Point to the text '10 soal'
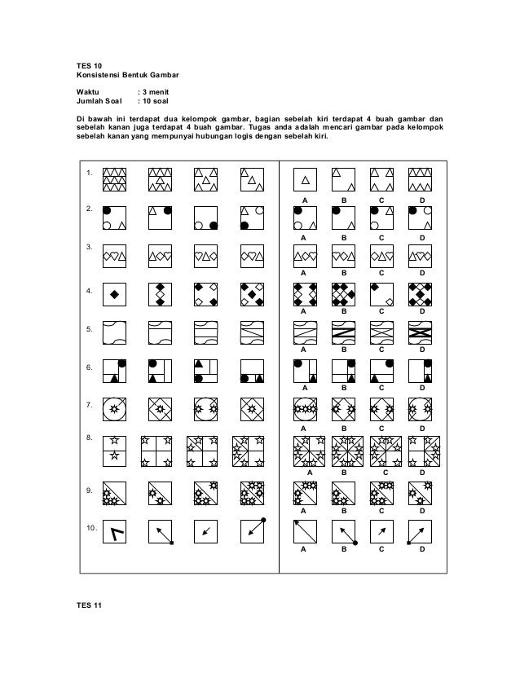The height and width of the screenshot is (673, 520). (x=161, y=102)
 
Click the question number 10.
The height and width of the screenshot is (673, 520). (x=92, y=529)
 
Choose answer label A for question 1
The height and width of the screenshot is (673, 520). (x=305, y=200)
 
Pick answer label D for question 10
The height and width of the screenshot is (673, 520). (x=421, y=550)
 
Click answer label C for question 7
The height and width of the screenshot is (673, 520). (x=381, y=427)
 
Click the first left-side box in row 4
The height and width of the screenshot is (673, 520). (x=115, y=293)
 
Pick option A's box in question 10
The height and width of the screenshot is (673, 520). (x=305, y=532)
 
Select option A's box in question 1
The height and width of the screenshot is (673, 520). (x=305, y=178)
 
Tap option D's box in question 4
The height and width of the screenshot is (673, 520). (x=421, y=293)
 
